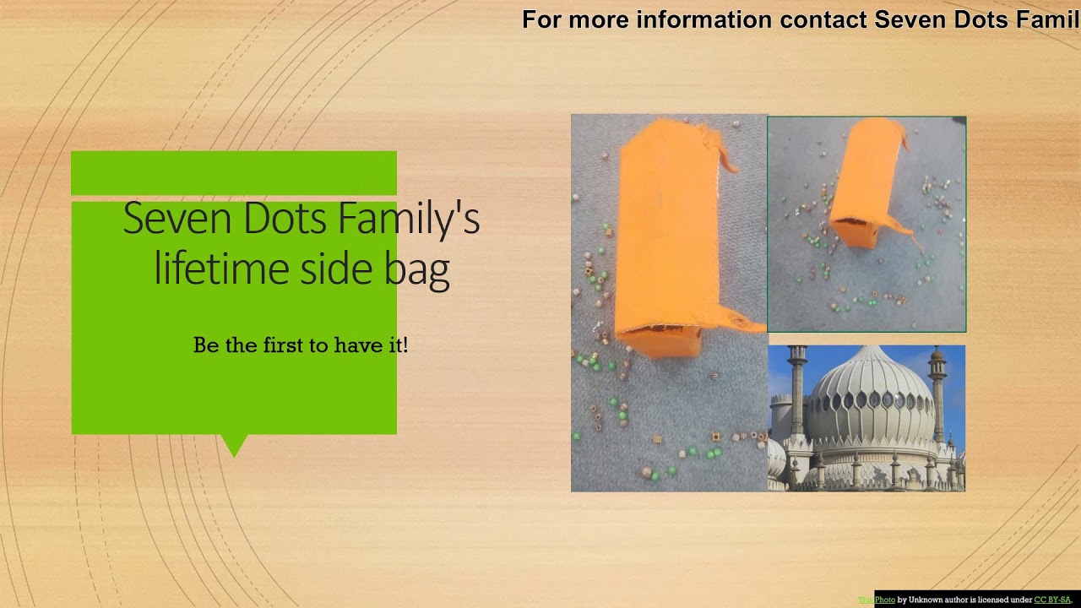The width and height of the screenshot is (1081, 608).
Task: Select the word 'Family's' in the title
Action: (409, 218)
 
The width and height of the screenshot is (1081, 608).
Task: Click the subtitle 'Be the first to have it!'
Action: (301, 345)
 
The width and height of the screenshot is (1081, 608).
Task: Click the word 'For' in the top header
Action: (542, 19)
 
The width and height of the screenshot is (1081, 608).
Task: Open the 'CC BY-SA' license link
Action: (1051, 600)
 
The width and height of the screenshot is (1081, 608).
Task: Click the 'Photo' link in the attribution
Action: (884, 600)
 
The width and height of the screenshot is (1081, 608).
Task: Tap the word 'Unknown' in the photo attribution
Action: (925, 600)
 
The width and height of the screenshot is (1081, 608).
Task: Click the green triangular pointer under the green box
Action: (234, 444)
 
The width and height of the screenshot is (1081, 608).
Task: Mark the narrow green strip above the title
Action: (234, 173)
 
